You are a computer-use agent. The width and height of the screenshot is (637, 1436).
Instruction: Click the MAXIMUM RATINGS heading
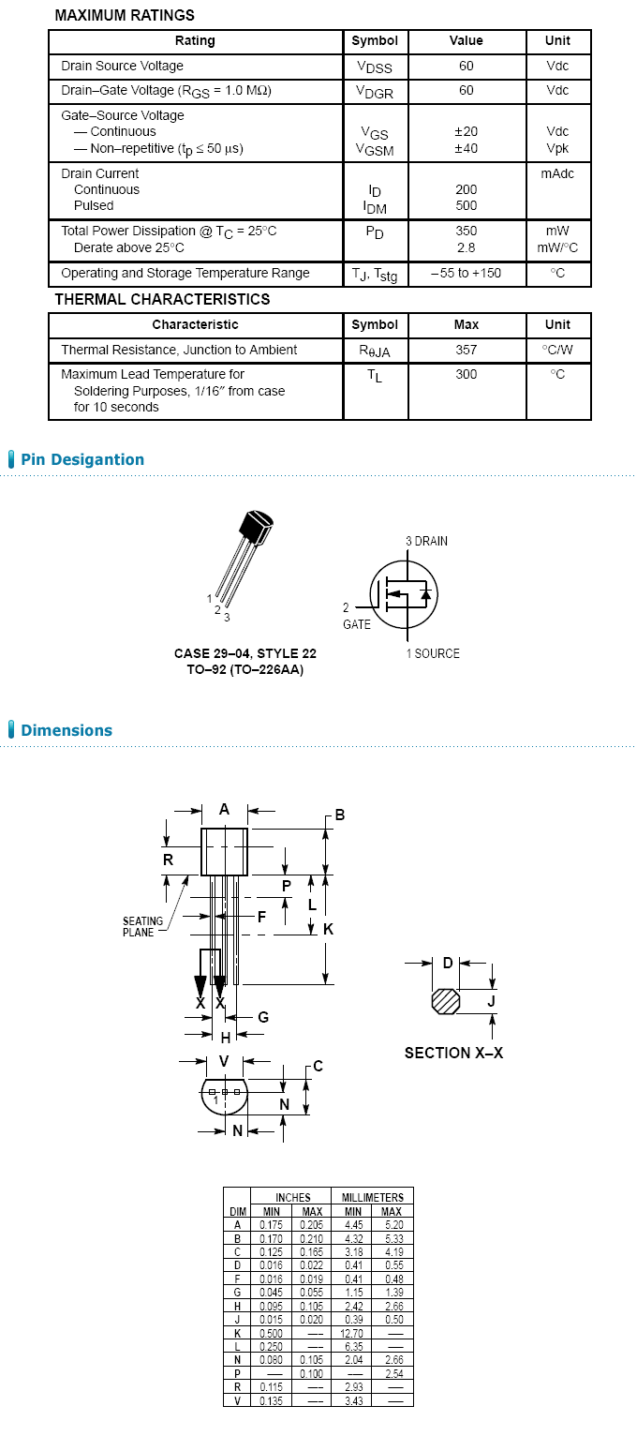[x=125, y=15]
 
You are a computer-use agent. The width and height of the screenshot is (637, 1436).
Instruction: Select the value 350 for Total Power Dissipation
[x=466, y=231]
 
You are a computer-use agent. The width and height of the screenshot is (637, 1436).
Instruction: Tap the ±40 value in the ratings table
[x=466, y=148]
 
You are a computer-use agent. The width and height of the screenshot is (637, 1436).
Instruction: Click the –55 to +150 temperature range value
[x=466, y=273]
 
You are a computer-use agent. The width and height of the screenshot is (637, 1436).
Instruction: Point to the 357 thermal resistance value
[x=466, y=350]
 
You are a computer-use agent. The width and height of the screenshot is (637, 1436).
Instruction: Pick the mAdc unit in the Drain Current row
[x=557, y=173]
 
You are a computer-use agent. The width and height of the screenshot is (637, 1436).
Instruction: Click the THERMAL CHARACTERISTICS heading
[x=162, y=299]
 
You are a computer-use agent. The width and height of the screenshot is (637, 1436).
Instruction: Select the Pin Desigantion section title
[x=82, y=459]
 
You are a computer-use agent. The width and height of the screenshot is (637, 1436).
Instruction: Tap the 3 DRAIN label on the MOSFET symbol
[x=426, y=542]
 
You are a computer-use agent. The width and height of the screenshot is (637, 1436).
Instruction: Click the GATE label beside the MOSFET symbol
[x=356, y=624]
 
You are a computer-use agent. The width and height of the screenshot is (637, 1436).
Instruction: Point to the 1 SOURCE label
[x=433, y=653]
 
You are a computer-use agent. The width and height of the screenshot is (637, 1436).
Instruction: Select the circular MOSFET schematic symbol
[x=405, y=596]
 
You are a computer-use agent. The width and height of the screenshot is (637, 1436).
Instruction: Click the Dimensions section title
[x=67, y=730]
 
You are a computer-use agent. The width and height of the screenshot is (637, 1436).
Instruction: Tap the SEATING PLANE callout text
[x=142, y=926]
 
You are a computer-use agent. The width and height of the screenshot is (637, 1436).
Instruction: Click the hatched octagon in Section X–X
[x=446, y=1001]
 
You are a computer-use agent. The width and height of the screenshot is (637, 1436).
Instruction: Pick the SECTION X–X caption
[x=453, y=1053]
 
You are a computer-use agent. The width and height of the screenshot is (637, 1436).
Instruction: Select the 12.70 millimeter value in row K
[x=352, y=1333]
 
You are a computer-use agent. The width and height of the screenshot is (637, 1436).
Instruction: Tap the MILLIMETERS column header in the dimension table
[x=372, y=1197]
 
